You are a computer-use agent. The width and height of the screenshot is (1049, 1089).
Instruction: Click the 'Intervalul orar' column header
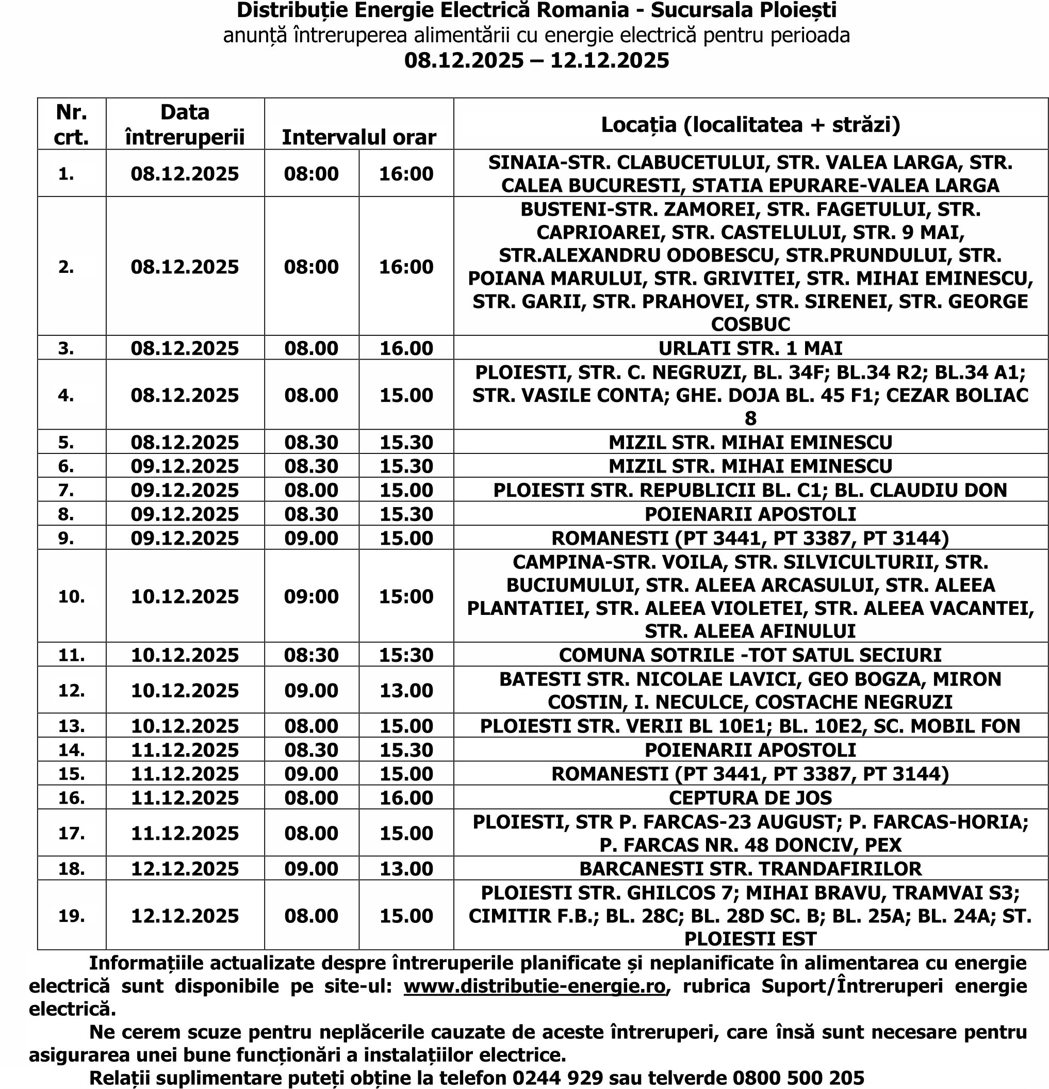pos(359,137)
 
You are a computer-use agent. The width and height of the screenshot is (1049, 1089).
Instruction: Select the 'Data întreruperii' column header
pos(185,124)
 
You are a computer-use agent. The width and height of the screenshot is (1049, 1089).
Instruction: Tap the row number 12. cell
pos(72,690)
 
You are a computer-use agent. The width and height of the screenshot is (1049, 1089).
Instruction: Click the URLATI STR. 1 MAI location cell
pos(750,348)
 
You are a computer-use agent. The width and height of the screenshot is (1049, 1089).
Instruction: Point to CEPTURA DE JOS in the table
pos(750,798)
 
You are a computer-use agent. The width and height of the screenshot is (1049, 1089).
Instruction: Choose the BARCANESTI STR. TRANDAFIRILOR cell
pos(750,868)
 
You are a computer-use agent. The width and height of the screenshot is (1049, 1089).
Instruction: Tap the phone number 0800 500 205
pos(798,1078)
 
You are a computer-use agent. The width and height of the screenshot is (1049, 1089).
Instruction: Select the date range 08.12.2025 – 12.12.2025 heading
pos(536,60)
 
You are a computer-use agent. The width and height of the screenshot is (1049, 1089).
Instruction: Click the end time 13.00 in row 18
pos(406,868)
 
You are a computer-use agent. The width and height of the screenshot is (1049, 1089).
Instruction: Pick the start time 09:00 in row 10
pos(311,596)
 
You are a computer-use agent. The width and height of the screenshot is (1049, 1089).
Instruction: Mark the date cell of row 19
pos(185,916)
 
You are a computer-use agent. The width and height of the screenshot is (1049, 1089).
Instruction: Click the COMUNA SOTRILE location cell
pos(750,655)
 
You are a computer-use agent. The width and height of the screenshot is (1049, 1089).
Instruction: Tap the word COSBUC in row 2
pos(750,324)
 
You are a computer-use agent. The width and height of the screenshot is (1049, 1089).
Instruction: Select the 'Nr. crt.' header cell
pos(72,124)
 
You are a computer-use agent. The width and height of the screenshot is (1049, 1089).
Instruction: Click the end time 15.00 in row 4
pos(406,395)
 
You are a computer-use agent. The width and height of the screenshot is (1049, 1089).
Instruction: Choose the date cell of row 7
pos(185,490)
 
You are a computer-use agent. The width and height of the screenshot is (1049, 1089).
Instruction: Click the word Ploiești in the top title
pos(798,10)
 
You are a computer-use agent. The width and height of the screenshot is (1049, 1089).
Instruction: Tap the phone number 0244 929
pos(558,1078)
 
